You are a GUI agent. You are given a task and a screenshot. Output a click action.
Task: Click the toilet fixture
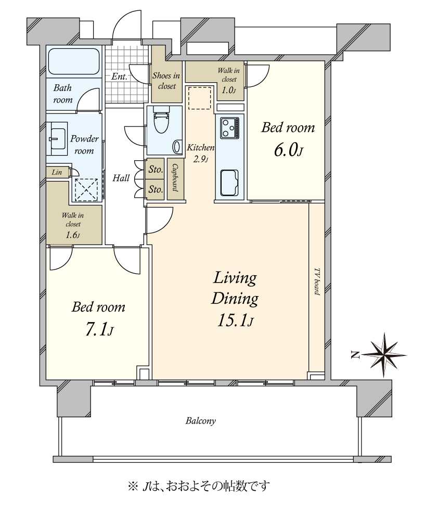[160, 122]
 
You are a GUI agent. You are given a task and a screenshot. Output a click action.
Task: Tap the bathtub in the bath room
[74, 62]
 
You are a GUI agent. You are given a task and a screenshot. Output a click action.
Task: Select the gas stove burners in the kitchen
[230, 127]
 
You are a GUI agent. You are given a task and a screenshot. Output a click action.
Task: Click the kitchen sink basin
[229, 182]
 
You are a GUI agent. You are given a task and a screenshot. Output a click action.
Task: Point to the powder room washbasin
[57, 138]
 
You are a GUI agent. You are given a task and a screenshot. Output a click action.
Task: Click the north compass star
[384, 355]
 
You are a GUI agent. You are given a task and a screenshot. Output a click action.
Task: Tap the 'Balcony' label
[200, 420]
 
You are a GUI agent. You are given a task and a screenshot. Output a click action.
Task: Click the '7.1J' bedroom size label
[99, 330]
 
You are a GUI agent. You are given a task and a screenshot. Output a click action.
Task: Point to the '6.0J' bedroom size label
[289, 151]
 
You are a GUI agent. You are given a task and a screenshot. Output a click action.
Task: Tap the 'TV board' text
[317, 282]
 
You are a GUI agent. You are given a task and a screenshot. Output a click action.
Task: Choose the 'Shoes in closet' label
[166, 81]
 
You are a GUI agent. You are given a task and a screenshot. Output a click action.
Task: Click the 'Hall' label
[121, 178]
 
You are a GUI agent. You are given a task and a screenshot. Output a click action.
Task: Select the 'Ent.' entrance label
[119, 76]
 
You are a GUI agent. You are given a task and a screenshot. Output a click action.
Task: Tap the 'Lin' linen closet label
[57, 172]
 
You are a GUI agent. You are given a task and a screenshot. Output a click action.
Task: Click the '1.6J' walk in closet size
[73, 235]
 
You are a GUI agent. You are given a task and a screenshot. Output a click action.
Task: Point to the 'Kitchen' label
[200, 148]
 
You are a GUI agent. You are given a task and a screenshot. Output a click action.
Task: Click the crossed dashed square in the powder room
[87, 190]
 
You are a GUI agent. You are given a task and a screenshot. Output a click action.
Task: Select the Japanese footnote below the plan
[199, 486]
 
